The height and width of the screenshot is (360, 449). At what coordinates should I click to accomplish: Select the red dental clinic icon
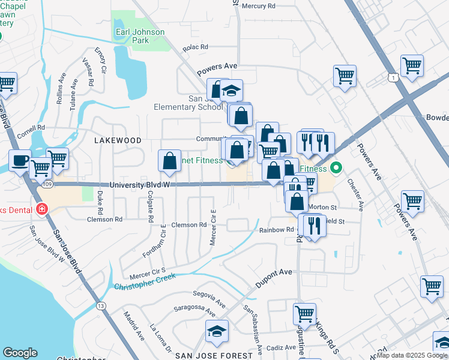click(x=42, y=209)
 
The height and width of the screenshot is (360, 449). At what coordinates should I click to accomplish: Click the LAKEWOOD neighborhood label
click(x=118, y=140)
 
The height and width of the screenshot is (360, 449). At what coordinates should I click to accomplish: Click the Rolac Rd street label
click(x=196, y=47)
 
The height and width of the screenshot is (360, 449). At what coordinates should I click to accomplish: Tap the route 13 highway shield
click(x=101, y=306)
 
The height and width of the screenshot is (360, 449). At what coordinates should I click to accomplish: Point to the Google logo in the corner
click(x=20, y=353)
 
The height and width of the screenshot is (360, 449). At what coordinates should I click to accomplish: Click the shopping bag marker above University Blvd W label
click(x=169, y=160)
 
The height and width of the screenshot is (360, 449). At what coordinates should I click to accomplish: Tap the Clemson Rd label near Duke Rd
click(x=105, y=220)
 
